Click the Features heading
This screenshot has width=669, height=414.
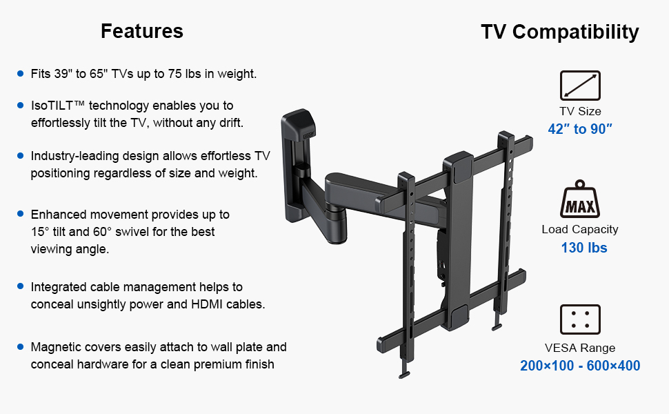142,31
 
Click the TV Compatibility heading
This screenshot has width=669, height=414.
560,32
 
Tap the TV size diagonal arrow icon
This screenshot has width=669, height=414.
580,86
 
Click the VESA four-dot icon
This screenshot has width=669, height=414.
580,319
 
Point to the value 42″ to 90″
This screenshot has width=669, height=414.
580,129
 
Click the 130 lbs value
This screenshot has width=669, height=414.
583,248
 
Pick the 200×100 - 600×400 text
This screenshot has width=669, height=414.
580,366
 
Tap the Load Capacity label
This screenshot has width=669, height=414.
580,229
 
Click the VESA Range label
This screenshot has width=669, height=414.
580,348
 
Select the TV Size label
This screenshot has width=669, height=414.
580,111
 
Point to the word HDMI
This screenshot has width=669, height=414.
207,304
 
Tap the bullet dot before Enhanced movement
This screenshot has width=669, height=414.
20,213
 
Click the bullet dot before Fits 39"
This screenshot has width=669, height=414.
20,73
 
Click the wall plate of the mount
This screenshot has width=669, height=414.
297,166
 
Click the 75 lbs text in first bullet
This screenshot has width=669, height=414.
184,74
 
